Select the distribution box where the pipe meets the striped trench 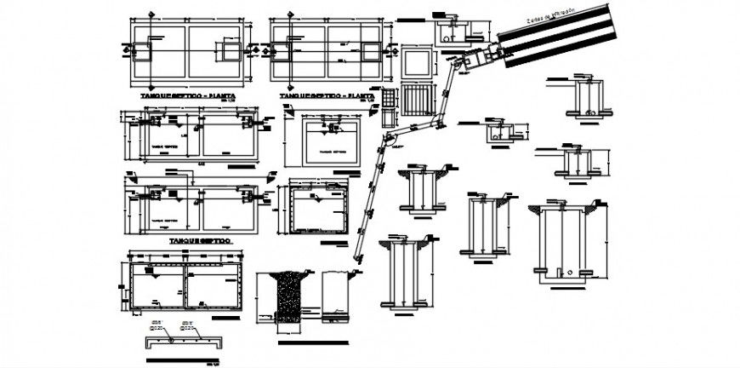coord(487,55)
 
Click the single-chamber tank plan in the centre coord(334,143)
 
